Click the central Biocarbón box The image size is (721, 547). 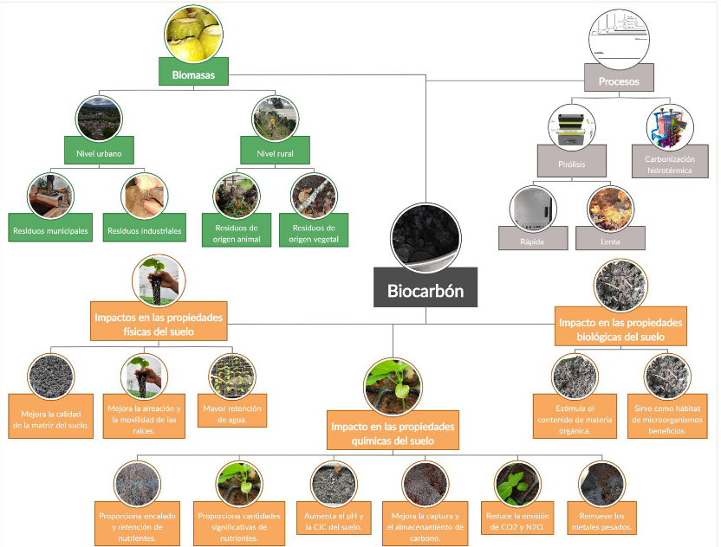point(425,291)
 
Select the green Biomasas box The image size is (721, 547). point(193,75)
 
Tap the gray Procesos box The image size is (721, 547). point(619,81)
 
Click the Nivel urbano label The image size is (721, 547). point(98,155)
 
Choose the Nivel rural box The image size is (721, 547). point(276,155)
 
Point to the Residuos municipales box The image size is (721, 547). point(51,231)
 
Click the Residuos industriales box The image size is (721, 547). point(144,231)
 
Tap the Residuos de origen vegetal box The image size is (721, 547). point(314,234)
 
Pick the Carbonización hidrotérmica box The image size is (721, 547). point(671,165)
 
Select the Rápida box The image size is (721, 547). point(532,241)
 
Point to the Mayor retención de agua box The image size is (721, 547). point(231,414)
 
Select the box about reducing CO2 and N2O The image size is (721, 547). point(519,521)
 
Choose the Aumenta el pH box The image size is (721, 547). point(334,521)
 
